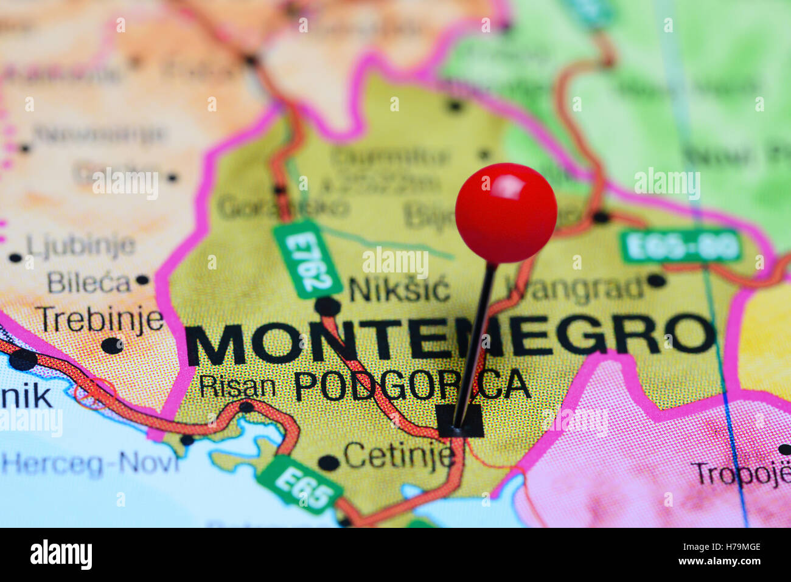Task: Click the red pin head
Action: click(x=506, y=212)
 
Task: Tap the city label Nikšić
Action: click(x=399, y=289)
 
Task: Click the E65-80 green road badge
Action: click(x=681, y=246)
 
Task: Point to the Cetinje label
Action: click(x=399, y=456)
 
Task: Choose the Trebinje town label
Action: click(x=100, y=320)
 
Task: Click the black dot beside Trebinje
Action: click(x=112, y=345)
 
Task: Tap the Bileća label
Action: click(x=89, y=283)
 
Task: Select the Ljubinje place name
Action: click(x=80, y=246)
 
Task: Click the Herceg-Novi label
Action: click(x=91, y=464)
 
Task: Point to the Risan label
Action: click(x=237, y=387)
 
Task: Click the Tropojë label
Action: click(x=739, y=474)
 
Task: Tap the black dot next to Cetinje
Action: click(x=329, y=463)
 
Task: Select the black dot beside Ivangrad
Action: click(x=655, y=280)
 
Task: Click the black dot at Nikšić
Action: click(x=327, y=306)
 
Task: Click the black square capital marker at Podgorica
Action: click(x=460, y=421)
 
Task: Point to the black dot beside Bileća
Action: click(x=142, y=280)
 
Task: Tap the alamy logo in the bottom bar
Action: click(x=61, y=555)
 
